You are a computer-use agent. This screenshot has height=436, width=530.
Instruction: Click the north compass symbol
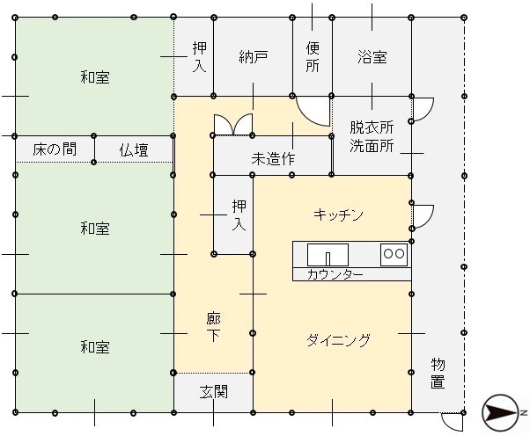click(x=501, y=412)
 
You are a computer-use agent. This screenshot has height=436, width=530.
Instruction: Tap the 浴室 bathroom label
click(x=372, y=57)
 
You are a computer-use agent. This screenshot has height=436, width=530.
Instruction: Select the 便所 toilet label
click(x=313, y=57)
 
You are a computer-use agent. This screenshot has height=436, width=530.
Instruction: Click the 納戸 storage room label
click(x=254, y=57)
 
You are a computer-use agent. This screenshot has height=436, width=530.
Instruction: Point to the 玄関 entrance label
click(x=214, y=392)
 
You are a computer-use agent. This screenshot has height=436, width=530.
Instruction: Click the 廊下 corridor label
click(x=214, y=327)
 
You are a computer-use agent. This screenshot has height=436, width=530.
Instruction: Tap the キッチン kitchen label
click(x=338, y=214)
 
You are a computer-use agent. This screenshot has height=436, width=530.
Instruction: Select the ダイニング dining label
click(x=338, y=340)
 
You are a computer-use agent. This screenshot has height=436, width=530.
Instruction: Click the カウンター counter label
click(x=335, y=274)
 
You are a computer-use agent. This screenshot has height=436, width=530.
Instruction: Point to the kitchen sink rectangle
click(x=328, y=254)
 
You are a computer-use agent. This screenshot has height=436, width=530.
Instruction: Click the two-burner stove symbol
click(x=394, y=254)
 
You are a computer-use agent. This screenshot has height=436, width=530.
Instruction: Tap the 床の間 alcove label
click(x=55, y=149)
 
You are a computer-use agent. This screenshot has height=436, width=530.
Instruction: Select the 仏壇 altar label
click(x=134, y=149)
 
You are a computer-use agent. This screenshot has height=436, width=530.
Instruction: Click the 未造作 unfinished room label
click(x=273, y=158)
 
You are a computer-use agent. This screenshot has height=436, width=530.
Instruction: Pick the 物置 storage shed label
click(x=438, y=373)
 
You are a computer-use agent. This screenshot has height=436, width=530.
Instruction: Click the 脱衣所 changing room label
click(x=372, y=127)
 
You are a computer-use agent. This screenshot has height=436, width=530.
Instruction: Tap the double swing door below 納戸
click(x=233, y=125)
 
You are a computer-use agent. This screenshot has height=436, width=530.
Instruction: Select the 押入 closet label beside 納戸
click(x=200, y=57)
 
